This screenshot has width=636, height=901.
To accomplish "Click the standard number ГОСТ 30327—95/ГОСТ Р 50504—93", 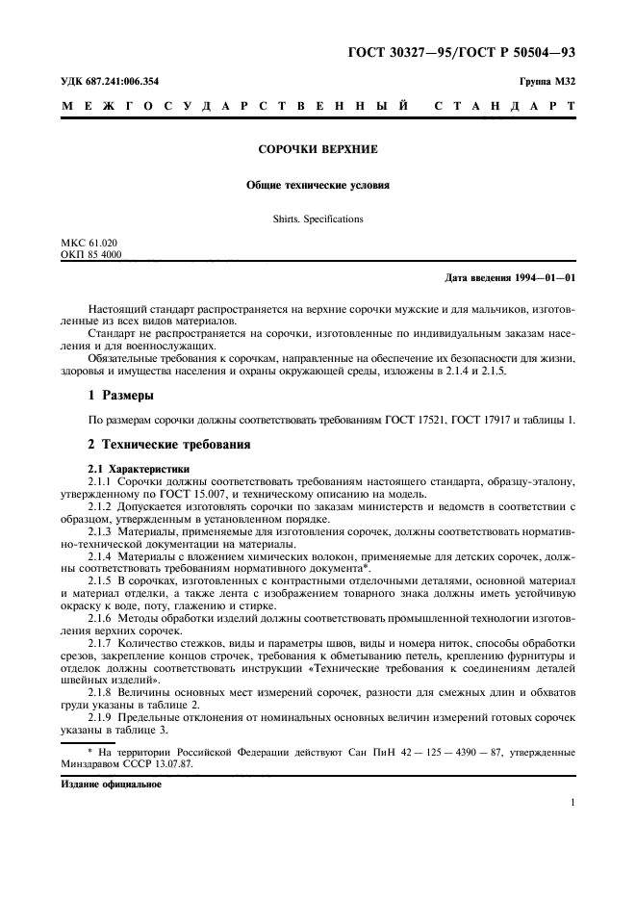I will click(467, 52).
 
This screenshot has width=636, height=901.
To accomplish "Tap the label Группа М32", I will click(548, 82).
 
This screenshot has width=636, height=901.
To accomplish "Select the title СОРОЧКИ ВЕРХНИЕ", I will click(317, 151).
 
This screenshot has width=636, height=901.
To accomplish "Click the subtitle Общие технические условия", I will click(317, 185).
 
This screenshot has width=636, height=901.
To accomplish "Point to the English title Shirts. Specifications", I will click(317, 219).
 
